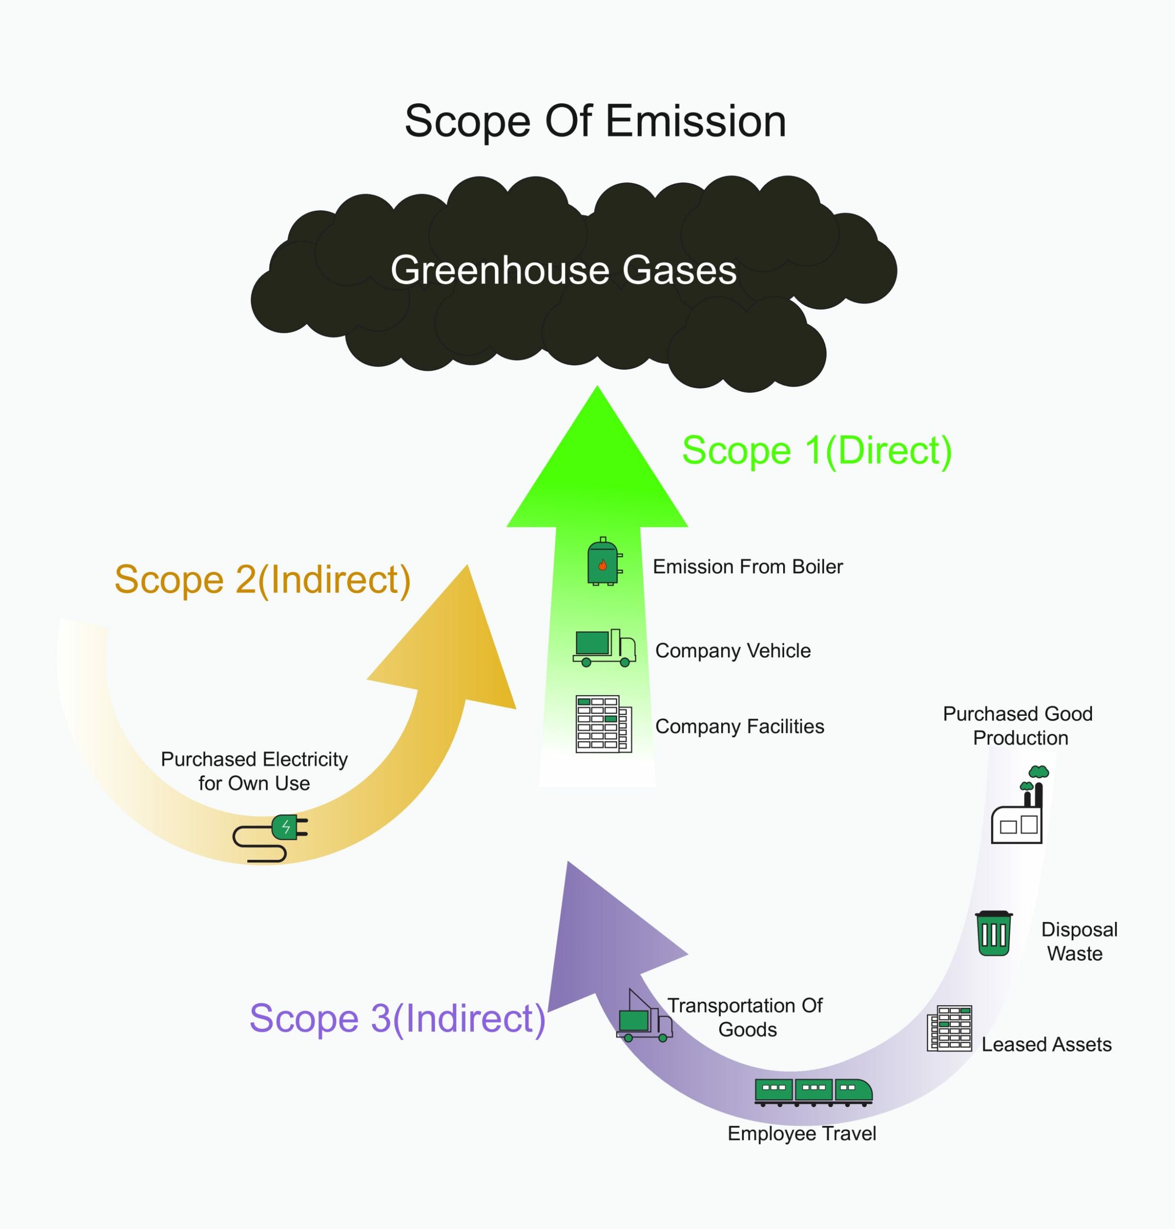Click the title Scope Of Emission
coord(595,121)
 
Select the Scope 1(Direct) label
coord(816,450)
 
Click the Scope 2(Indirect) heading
coord(263,580)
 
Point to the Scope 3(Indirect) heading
coord(397,1019)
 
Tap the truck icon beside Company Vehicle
coord(604,648)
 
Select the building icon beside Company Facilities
coord(603,724)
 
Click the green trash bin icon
coord(994,933)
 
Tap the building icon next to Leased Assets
coord(949,1028)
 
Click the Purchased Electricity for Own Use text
coord(254,771)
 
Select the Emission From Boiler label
coord(747,567)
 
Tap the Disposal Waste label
coord(1079,941)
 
